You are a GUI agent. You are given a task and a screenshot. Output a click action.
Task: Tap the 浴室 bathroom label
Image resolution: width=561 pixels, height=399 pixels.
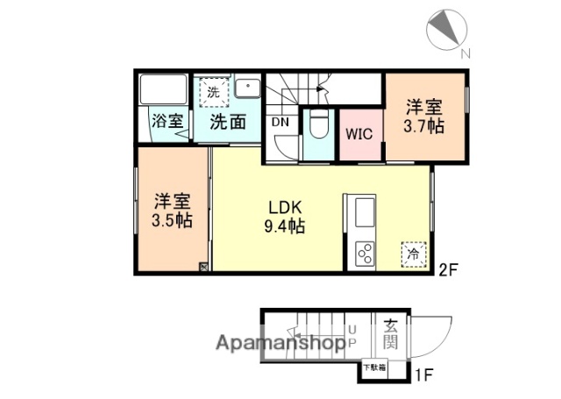coord(167,121)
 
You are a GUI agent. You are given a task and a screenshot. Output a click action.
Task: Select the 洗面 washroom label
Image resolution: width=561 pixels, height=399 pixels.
coord(227,121)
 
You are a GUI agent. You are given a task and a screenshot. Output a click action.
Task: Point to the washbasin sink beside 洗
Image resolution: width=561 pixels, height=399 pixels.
coord(248,90)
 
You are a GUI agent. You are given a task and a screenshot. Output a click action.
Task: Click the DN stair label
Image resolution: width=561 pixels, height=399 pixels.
coord(280,122)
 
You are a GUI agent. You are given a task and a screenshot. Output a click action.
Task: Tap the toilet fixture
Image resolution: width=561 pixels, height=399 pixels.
coord(318,128)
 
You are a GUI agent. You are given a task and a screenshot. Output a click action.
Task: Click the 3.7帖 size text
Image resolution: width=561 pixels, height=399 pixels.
coord(423,126)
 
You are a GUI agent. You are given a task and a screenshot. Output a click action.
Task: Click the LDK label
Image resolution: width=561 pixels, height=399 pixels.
coord(286,208)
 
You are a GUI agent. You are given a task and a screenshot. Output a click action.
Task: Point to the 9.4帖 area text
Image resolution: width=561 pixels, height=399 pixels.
coord(286,227)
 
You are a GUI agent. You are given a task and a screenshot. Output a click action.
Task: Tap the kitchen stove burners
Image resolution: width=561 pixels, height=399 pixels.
coord(364,253)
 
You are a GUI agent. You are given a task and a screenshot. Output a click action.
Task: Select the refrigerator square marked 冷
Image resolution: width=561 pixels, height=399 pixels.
coord(412,253)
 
